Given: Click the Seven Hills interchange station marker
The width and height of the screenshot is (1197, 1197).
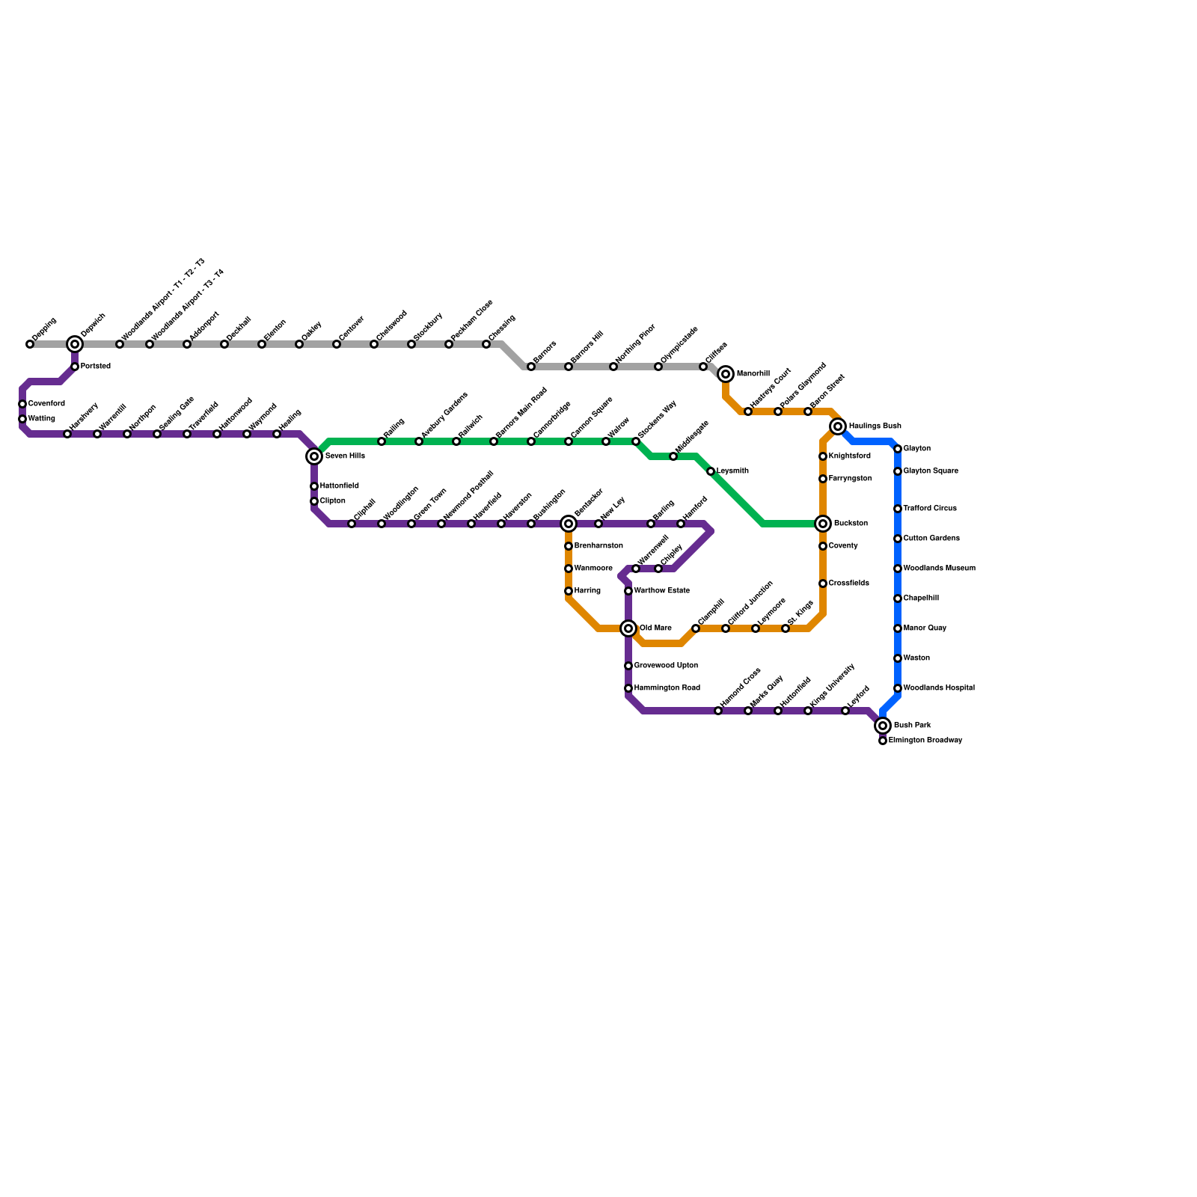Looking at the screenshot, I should click(x=314, y=456).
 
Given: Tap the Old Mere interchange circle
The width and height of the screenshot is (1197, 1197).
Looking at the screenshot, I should click(x=628, y=628).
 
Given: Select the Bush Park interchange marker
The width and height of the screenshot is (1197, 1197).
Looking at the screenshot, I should click(x=883, y=726).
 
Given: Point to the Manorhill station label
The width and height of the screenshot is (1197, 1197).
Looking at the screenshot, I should click(x=753, y=374).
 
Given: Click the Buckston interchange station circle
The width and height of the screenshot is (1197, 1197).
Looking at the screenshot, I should click(x=823, y=524).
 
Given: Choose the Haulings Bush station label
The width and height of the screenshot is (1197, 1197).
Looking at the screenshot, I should click(x=875, y=426).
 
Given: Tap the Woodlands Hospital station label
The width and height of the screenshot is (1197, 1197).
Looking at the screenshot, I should click(x=939, y=688).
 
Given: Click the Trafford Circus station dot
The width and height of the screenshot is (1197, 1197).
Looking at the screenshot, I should click(x=898, y=509).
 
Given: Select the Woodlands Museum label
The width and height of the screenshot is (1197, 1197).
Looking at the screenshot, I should click(x=939, y=569).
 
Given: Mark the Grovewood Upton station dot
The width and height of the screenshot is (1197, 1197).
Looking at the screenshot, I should click(x=628, y=666).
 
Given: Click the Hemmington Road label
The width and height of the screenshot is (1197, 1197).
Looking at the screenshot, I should click(x=667, y=688).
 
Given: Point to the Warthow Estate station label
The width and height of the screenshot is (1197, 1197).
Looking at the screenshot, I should click(x=661, y=591).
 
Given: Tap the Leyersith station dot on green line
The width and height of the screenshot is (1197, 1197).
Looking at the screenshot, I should click(x=711, y=471).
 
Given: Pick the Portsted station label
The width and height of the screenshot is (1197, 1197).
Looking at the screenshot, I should click(x=96, y=367).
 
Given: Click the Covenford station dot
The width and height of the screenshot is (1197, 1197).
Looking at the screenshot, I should click(x=22, y=404).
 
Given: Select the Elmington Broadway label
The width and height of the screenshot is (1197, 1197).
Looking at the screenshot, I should click(x=925, y=741).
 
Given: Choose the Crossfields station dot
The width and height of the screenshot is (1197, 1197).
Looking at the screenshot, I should click(x=823, y=584).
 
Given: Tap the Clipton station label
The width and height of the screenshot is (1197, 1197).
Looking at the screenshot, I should click(x=332, y=501).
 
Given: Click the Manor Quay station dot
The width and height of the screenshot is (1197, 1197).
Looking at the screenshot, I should click(x=898, y=628).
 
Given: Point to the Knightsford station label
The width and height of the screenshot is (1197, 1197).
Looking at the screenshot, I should click(x=849, y=456).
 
